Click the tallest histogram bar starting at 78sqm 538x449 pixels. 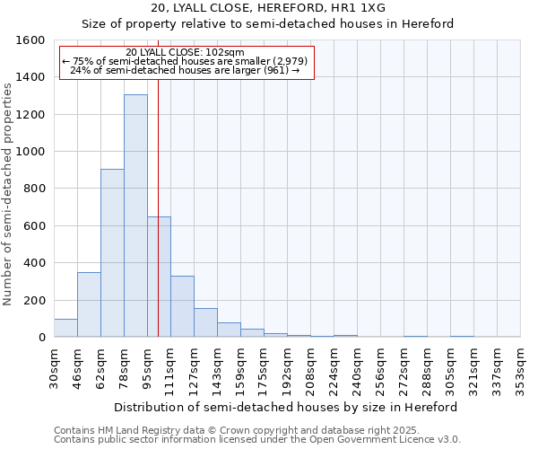[135, 216]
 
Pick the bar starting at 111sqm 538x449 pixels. [182, 306]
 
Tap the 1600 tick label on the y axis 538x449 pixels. [30, 40]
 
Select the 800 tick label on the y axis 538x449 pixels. [34, 189]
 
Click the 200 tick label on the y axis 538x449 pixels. [34, 300]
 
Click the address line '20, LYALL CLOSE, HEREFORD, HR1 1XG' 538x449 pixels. [268, 8]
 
